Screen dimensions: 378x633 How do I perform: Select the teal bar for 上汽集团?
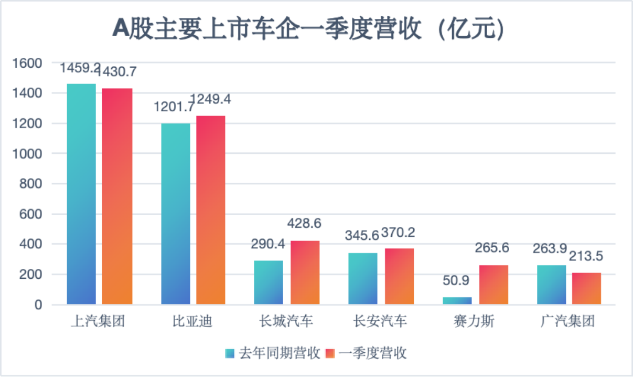click(81, 194)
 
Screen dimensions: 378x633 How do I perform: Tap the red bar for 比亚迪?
click(211, 210)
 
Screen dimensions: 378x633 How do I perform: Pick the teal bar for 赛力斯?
click(457, 301)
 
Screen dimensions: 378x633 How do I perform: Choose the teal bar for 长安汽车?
click(363, 278)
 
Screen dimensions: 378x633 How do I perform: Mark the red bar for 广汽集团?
click(586, 288)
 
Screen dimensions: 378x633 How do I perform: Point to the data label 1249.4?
click(210, 99)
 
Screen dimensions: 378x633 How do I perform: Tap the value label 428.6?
click(304, 224)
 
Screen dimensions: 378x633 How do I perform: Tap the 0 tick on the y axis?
click(38, 305)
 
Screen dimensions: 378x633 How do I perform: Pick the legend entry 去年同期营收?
click(273, 353)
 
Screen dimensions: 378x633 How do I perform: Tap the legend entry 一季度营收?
click(367, 353)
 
